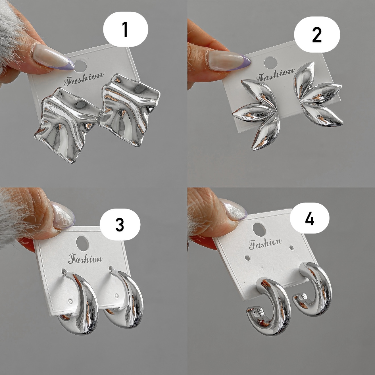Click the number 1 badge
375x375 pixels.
pyautogui.click(x=125, y=29)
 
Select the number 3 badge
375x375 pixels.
pyautogui.click(x=120, y=224)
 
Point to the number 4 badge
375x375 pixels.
pyautogui.click(x=309, y=218)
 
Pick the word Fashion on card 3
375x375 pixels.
pyautogui.click(x=85, y=259)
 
